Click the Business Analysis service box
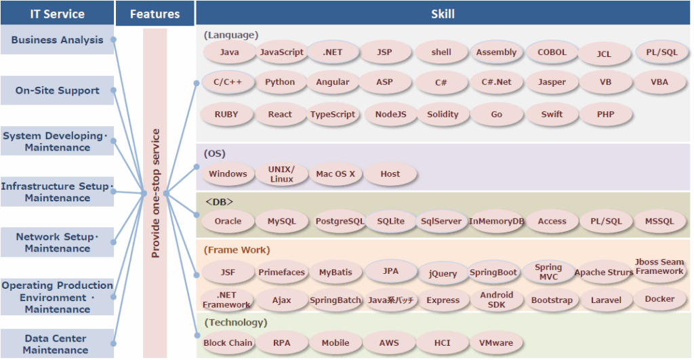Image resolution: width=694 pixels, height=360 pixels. click(57, 40)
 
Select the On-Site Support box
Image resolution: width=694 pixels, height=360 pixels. click(57, 90)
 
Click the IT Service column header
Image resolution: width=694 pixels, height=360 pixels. click(57, 14)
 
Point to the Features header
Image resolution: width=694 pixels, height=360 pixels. click(155, 14)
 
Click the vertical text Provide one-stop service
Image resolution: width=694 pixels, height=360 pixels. click(155, 193)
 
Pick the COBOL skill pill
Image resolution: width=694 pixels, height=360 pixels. click(552, 52)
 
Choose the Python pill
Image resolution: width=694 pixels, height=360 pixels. click(280, 82)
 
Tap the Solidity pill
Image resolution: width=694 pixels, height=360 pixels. click(443, 115)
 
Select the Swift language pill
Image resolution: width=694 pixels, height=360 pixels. click(552, 115)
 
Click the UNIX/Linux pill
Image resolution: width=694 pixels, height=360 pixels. click(281, 174)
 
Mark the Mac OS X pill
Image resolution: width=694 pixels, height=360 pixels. click(335, 174)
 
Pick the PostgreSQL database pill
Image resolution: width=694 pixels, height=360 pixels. click(340, 221)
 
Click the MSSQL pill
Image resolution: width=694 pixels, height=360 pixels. click(659, 221)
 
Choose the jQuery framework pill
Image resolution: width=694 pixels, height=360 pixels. click(443, 273)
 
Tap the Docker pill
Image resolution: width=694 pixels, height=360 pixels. click(659, 299)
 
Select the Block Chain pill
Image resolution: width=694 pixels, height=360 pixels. click(228, 342)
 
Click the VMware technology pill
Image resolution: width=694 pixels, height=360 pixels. click(496, 342)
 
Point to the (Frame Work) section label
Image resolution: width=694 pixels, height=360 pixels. click(237, 249)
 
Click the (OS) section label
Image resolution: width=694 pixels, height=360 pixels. click(214, 154)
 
